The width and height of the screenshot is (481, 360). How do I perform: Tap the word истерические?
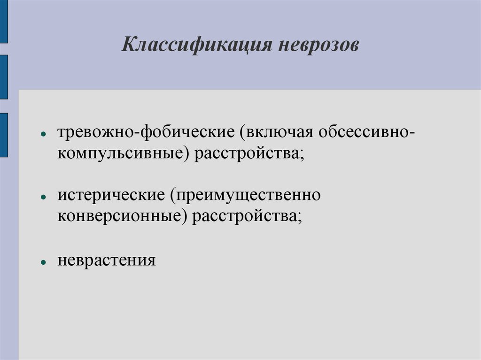click(x=111, y=194)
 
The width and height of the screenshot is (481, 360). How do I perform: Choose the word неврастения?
click(x=107, y=260)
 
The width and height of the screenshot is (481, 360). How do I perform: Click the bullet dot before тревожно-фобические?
click(x=43, y=134)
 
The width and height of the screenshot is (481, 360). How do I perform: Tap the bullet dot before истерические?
click(x=43, y=197)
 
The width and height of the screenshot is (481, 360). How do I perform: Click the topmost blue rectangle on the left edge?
click(x=4, y=21)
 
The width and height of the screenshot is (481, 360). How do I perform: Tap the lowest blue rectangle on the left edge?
click(x=4, y=135)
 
